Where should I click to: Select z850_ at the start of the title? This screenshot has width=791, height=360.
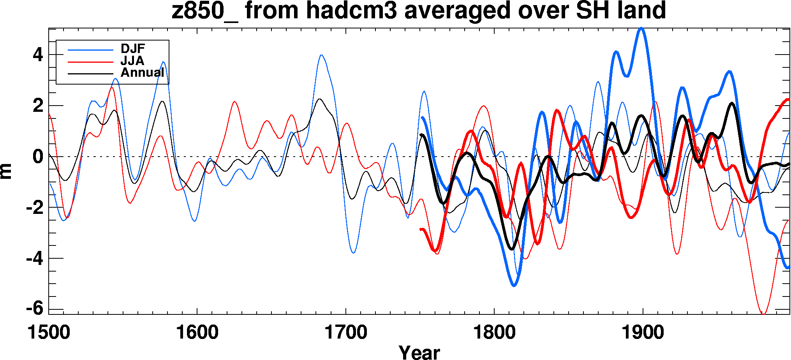tap(204, 11)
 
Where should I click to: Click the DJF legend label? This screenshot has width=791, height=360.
tap(133, 49)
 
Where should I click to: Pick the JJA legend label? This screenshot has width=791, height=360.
tap(132, 61)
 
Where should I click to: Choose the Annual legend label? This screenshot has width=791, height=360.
tap(143, 72)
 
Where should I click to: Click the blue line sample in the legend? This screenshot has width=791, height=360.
tap(90, 50)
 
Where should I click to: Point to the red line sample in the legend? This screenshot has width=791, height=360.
tap(90, 62)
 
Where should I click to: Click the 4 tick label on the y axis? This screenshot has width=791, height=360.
tap(38, 55)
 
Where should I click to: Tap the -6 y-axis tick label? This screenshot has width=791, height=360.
tap(35, 309)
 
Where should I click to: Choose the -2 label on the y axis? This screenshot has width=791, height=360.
tap(35, 208)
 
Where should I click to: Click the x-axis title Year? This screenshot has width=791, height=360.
tap(419, 352)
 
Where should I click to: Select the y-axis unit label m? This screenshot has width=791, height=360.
tap(7, 171)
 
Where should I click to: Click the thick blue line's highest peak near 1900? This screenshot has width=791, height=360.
tap(641, 28)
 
